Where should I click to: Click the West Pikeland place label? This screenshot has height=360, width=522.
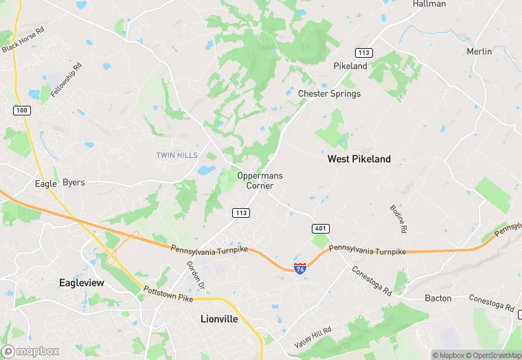[359, 159]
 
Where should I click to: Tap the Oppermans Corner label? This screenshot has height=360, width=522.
[260, 181]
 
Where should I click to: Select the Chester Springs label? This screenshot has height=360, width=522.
[329, 93]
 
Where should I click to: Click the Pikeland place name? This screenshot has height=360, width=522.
[350, 66]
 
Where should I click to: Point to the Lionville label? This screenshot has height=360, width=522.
[220, 319]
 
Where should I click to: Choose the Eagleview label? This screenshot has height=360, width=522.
[82, 283]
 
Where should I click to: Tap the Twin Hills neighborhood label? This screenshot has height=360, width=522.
[177, 155]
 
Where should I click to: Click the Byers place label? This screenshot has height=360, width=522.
[73, 183]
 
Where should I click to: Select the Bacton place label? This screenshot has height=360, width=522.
[438, 298]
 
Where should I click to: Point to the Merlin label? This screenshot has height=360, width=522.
[479, 52]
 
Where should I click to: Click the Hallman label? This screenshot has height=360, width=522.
[429, 4]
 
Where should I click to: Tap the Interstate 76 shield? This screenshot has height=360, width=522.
[300, 269]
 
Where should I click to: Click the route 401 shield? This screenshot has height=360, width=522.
[320, 228]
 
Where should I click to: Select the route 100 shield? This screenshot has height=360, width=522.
[21, 110]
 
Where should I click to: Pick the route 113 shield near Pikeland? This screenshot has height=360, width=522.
[363, 53]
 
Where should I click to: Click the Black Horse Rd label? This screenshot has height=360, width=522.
[23, 40]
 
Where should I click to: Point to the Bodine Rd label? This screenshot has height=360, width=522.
[398, 218]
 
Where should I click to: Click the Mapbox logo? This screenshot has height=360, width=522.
[30, 351]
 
